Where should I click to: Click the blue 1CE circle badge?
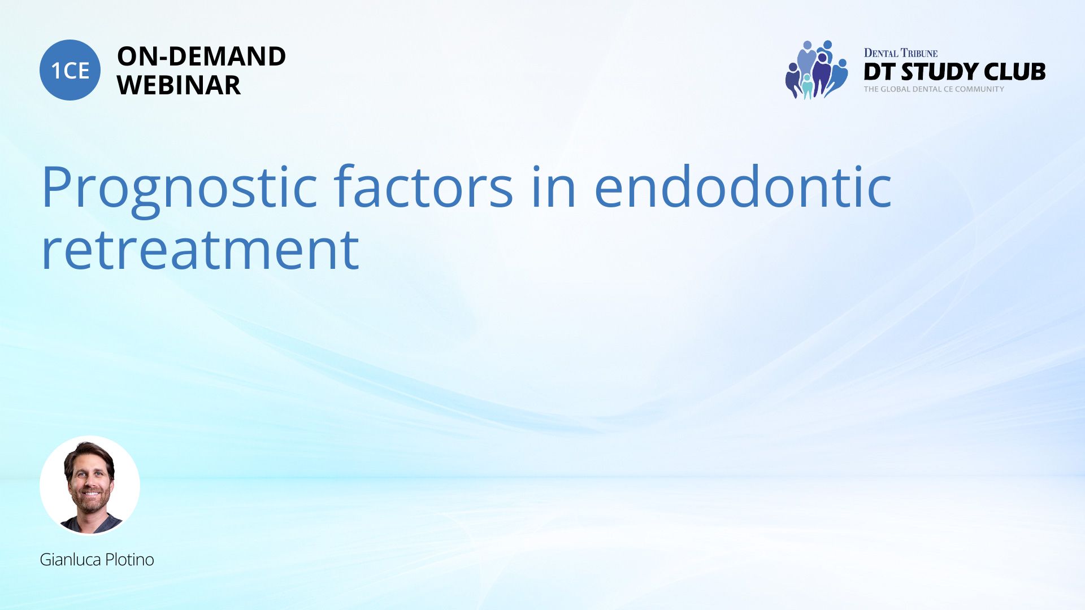pos(70,70)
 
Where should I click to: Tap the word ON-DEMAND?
pos(201,56)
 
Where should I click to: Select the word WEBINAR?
pos(179,85)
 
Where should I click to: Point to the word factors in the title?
pos(423,186)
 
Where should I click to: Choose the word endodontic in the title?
pos(743,186)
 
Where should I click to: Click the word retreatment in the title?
pos(200,250)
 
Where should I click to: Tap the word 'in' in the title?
pos(554,186)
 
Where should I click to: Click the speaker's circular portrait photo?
pos(90,485)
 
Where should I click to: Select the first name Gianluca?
pos(71,560)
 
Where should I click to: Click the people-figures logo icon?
pos(817,70)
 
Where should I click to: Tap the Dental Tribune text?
pos(901,53)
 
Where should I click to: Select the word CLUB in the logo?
pos(1015,72)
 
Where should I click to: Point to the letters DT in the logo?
pos(879,72)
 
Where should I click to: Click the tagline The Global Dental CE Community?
pos(934,89)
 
